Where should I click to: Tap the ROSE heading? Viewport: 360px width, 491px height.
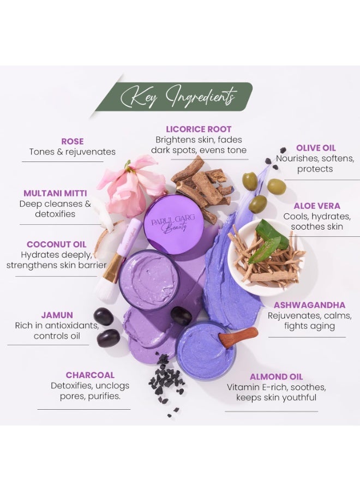(x=73, y=141)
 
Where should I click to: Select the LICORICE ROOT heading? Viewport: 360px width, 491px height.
(x=199, y=129)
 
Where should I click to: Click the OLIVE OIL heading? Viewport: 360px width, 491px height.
(x=316, y=148)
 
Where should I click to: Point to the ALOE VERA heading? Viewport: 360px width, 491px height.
(x=316, y=206)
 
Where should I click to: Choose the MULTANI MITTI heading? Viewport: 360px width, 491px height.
(x=55, y=193)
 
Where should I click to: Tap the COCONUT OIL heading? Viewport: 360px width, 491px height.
(x=56, y=244)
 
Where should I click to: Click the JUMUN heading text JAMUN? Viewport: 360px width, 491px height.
(x=57, y=315)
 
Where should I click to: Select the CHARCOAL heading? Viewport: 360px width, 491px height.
(x=90, y=375)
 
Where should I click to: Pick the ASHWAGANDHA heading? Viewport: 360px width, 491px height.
(x=309, y=305)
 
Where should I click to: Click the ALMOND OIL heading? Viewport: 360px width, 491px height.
(x=276, y=376)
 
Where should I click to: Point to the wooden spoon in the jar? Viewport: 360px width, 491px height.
(x=238, y=337)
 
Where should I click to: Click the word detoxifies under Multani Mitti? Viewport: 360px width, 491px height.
(x=55, y=214)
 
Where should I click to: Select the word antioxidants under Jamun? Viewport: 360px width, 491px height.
(x=71, y=326)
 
